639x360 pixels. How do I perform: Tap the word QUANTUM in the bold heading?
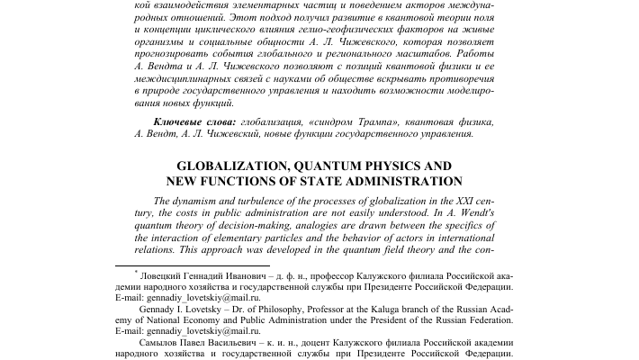(343, 166)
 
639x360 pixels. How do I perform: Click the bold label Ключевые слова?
(194, 121)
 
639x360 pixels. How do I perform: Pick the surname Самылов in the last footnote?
(166, 343)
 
